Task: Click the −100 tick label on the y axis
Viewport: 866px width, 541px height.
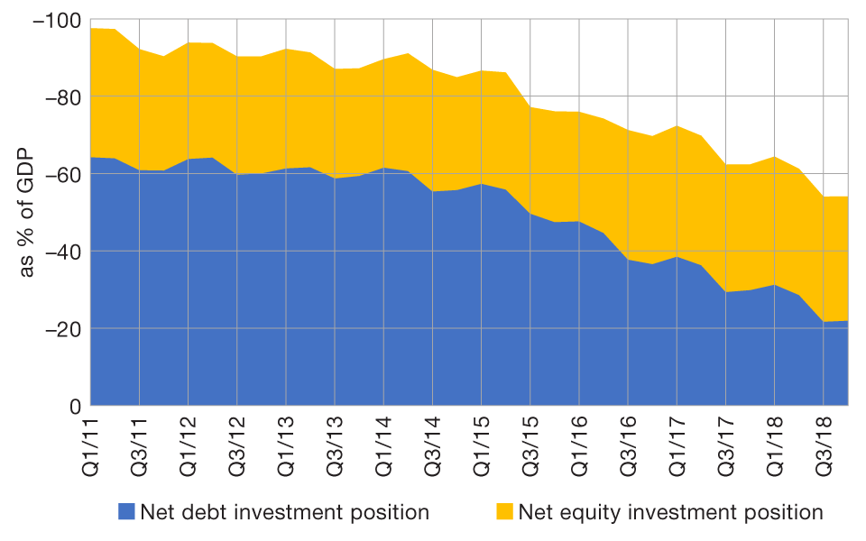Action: click(56, 20)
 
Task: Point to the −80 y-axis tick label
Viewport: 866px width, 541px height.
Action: click(60, 97)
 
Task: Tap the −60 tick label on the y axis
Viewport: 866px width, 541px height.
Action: click(60, 174)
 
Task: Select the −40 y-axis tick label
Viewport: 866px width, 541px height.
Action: click(60, 252)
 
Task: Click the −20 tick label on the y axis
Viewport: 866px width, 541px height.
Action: click(60, 329)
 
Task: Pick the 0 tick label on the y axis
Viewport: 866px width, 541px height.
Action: click(75, 407)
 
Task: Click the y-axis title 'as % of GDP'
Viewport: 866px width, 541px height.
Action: click(27, 213)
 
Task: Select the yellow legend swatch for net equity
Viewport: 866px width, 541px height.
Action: click(503, 512)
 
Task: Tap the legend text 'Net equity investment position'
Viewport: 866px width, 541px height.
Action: click(670, 512)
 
